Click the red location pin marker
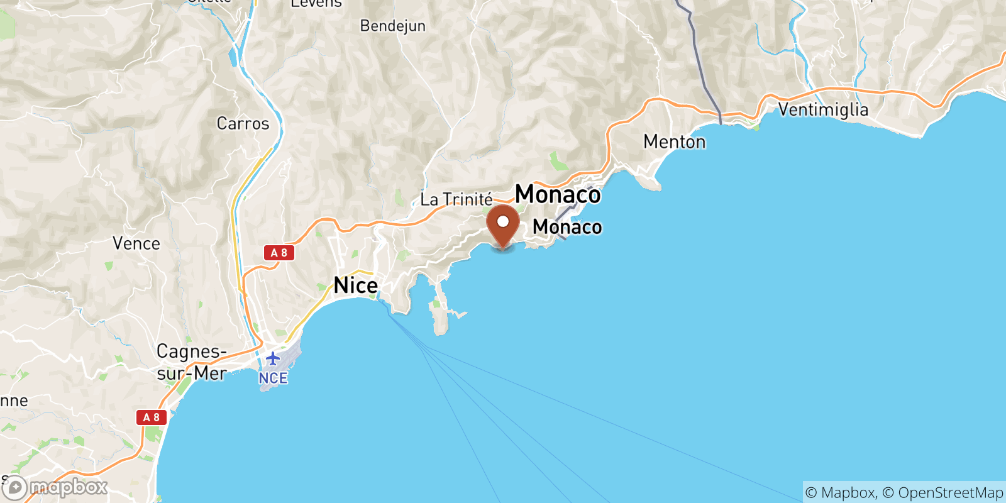tap(503, 225)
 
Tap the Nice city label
tap(356, 285)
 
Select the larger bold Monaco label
tap(558, 194)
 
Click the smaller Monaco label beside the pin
tap(567, 227)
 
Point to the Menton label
tap(674, 142)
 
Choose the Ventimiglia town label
tap(823, 109)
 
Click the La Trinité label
tap(456, 200)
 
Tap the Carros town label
tap(243, 123)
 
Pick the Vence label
tap(136, 243)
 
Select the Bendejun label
tap(392, 26)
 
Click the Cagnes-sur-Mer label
tap(191, 362)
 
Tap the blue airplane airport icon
tap(272, 358)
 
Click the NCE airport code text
tap(273, 378)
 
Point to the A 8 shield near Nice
tap(279, 253)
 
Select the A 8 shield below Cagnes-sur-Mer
tap(152, 417)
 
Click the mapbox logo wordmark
tap(68, 487)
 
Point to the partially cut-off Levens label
tap(316, 4)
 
